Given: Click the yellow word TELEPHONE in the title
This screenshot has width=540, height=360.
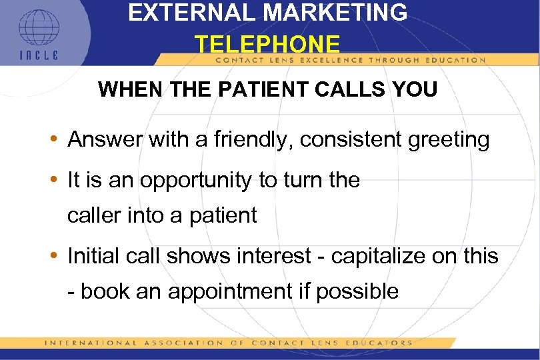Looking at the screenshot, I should point(267,45).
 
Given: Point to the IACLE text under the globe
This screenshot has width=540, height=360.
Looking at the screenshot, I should point(38,55).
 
